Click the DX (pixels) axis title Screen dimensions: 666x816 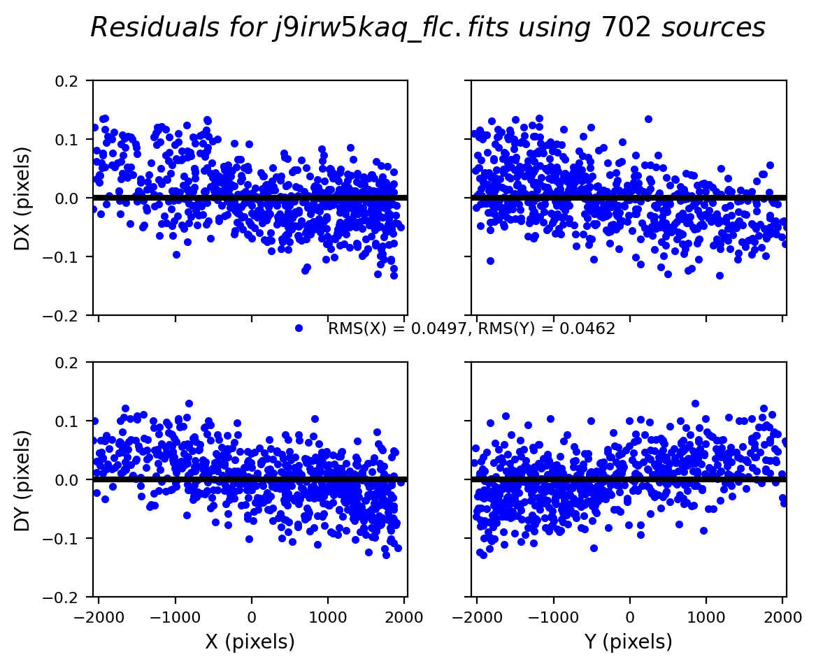(x=23, y=198)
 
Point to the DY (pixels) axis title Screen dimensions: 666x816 (x=23, y=479)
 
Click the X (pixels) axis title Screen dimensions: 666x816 (x=250, y=642)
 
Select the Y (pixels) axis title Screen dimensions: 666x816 (x=629, y=642)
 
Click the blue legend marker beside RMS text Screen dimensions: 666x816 (x=299, y=328)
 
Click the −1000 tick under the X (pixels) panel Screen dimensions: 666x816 (x=175, y=616)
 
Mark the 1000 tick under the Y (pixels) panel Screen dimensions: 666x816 (x=706, y=616)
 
